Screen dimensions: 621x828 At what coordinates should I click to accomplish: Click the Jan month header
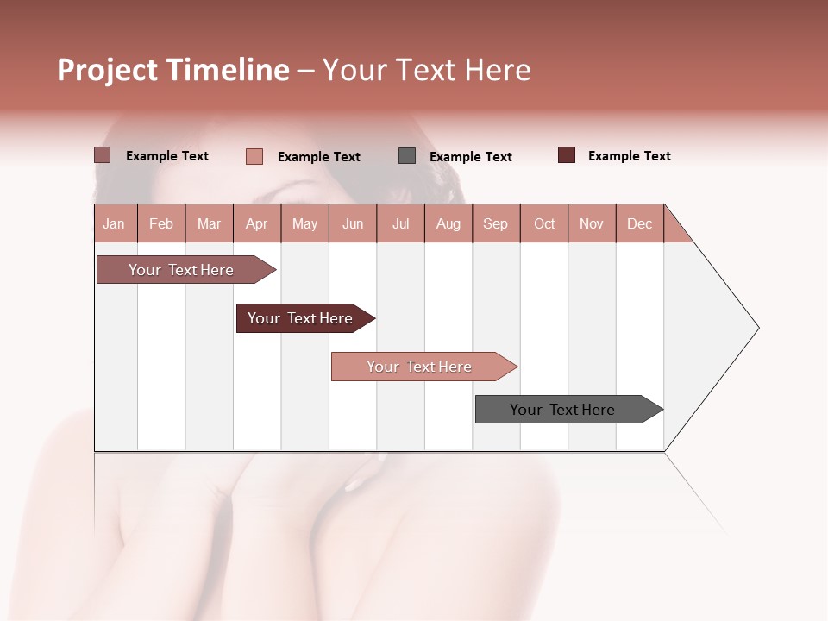114,223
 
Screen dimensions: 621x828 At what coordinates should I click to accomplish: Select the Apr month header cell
257,223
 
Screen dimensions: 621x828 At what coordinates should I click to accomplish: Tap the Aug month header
448,223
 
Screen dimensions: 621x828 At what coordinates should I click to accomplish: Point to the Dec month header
639,223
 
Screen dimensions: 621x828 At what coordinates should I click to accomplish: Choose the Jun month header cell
353,223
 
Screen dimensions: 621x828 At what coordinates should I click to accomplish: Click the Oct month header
544,223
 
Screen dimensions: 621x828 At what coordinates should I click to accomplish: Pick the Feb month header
161,223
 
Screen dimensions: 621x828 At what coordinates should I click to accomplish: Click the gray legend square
407,155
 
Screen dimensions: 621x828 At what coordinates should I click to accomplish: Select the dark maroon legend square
567,155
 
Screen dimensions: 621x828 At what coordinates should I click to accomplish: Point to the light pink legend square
254,156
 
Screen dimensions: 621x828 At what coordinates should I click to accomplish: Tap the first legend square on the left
103,155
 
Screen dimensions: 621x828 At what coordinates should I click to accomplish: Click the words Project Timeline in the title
173,70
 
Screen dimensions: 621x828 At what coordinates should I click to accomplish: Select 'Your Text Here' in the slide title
426,70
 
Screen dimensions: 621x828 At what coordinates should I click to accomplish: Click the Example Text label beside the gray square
470,157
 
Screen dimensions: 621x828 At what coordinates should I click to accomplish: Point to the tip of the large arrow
756,328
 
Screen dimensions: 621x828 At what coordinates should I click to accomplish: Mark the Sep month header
496,223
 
